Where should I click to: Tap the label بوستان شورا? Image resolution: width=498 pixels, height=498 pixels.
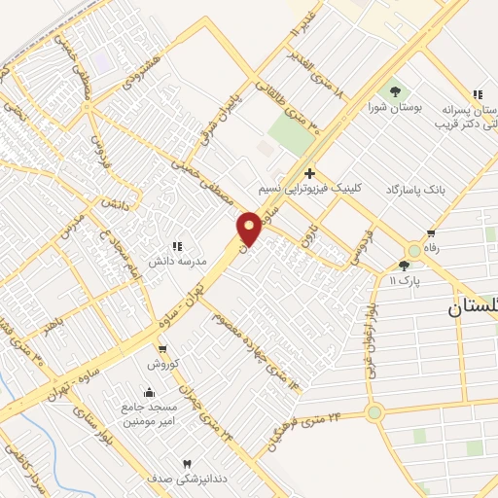[x=396, y=107]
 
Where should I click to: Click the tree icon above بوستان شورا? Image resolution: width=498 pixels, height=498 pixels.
[x=396, y=91]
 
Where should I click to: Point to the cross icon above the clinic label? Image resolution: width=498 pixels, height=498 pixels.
[x=309, y=172]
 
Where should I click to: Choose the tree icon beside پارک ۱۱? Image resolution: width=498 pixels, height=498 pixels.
[x=405, y=265]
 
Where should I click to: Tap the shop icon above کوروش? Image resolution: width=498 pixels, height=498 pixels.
[x=161, y=350]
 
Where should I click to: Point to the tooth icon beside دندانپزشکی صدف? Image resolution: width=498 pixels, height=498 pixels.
[x=188, y=464]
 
